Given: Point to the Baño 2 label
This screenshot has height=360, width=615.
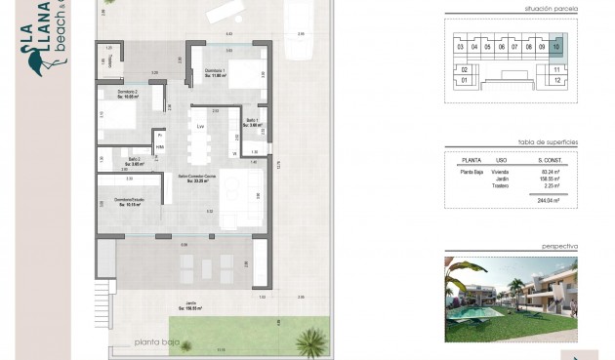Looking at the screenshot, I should coord(136,162).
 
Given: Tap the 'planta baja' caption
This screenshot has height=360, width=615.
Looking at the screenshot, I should coord(161,343).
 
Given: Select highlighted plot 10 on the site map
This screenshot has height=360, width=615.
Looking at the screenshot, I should coord(556,46).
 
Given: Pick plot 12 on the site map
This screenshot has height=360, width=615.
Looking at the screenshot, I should coord(556,81).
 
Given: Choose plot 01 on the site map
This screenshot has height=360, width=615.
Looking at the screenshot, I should coord(465,81).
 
